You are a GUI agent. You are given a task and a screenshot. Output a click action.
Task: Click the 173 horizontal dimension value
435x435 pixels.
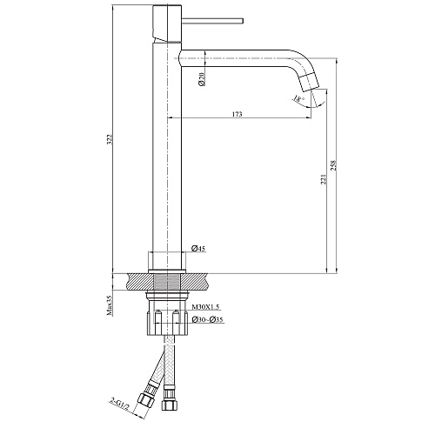click(237, 114)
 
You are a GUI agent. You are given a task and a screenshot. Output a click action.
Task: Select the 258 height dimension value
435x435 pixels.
click(333, 165)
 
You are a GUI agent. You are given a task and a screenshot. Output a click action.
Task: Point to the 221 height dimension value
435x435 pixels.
click(324, 179)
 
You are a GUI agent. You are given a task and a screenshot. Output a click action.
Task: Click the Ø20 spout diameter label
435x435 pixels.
click(202, 78)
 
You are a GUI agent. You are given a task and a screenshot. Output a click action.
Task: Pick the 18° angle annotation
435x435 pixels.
click(298, 98)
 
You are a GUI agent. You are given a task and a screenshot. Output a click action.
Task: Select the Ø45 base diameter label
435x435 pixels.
click(198, 248)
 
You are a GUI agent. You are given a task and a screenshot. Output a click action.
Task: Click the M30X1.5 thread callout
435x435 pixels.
click(206, 307)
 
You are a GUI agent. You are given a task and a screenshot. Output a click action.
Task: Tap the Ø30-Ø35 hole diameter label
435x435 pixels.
click(208, 319)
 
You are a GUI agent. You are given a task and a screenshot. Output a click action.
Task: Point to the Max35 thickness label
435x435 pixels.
click(110, 305)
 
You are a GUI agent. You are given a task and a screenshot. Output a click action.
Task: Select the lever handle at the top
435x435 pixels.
click(212, 21)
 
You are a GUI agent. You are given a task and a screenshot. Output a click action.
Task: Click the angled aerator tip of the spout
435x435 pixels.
click(309, 81)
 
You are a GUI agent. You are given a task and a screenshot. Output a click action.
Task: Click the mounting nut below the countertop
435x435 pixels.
click(167, 323)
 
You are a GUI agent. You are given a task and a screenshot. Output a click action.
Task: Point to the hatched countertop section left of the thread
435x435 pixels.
click(140, 282)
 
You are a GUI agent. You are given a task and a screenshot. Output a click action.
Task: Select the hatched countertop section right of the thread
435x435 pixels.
click(195, 282)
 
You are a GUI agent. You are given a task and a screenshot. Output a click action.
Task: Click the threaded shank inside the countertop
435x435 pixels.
click(167, 282)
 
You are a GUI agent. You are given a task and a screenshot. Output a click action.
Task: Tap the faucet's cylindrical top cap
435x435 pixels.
click(167, 23)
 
